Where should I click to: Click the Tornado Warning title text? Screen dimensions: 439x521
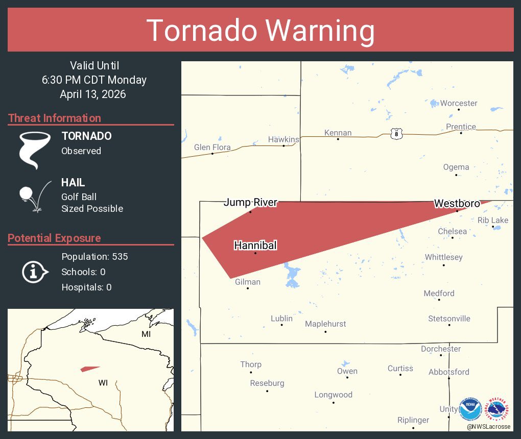260,31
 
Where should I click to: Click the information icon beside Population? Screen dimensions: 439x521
34,272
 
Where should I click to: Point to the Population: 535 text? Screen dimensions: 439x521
94,256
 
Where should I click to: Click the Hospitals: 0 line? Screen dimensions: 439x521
86,287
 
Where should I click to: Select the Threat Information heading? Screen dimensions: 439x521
55,118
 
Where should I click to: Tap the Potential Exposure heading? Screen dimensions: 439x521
54,238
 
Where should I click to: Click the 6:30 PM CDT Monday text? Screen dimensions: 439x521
94,80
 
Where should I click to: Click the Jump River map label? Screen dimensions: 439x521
250,203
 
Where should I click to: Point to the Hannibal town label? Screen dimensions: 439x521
255,246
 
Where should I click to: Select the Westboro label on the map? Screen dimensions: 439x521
457,204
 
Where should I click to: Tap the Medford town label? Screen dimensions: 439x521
439,293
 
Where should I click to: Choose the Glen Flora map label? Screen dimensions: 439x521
212,147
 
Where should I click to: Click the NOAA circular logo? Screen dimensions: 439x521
470,409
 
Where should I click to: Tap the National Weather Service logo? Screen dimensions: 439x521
498,409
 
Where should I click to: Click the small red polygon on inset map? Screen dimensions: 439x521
90,369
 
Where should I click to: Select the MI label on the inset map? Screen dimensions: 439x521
146,334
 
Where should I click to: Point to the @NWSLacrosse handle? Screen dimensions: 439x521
488,426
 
